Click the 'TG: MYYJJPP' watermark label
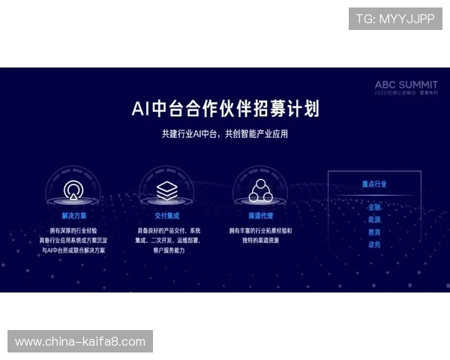(x=395, y=19)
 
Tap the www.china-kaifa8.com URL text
(x=80, y=342)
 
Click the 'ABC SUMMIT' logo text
(x=406, y=85)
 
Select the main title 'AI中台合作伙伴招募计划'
(x=225, y=109)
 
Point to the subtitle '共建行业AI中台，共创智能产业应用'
(x=225, y=134)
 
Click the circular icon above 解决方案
(x=73, y=188)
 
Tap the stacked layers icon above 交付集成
(x=166, y=188)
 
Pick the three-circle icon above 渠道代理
(x=260, y=190)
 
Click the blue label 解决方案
(x=73, y=215)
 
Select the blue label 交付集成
(x=166, y=215)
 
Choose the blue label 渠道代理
(x=260, y=215)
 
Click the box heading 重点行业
(x=374, y=184)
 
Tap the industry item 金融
(x=374, y=206)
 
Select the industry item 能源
(x=374, y=219)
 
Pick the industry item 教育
(x=374, y=232)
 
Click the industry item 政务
(x=374, y=244)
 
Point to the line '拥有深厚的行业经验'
(x=73, y=230)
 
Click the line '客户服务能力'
(x=166, y=250)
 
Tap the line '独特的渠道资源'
(x=260, y=240)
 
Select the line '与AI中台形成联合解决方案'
(x=73, y=250)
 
